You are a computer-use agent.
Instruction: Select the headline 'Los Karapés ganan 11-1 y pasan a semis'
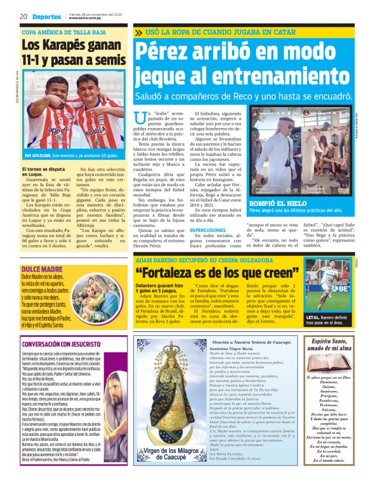(73, 53)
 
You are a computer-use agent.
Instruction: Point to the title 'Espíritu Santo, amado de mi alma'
(334, 349)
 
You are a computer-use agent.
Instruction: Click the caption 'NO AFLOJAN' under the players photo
(37, 155)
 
